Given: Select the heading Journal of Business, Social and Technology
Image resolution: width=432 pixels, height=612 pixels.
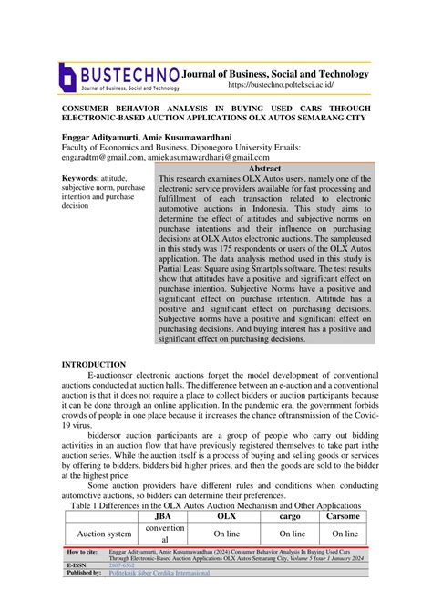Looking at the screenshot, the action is point(276,73).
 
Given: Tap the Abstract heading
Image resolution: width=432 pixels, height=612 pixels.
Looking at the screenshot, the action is point(264,169).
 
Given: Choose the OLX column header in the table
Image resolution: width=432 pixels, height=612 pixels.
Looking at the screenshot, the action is point(225,516).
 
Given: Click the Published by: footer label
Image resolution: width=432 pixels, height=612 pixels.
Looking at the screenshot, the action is point(84,573).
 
